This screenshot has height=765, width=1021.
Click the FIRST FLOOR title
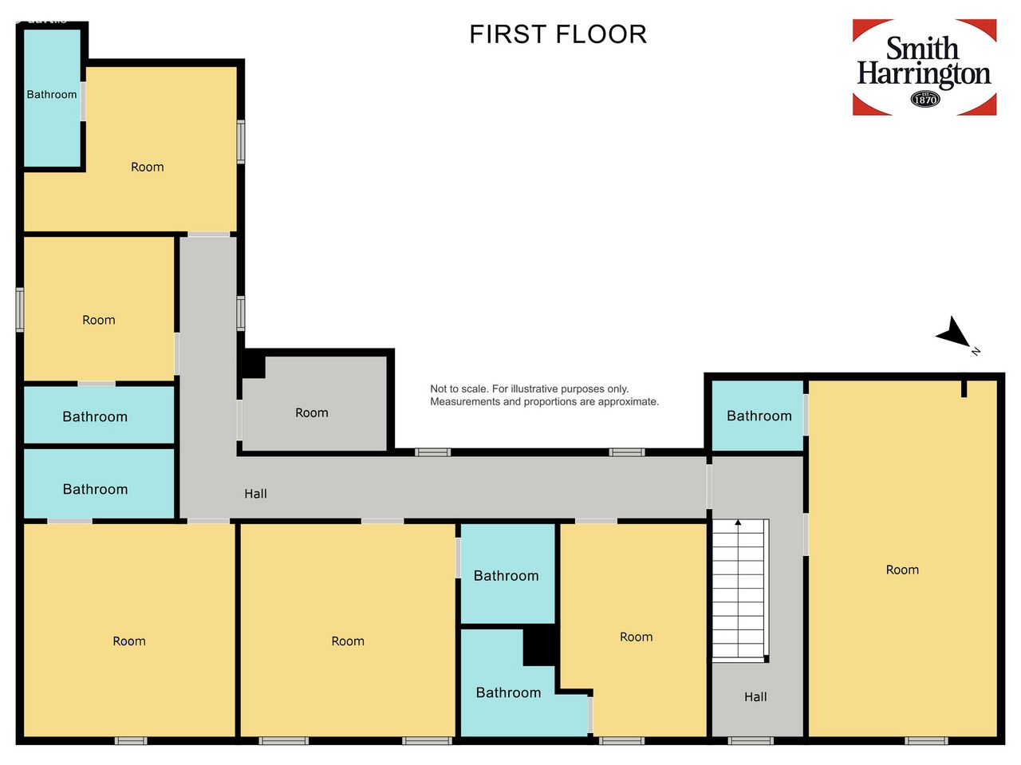point(558,34)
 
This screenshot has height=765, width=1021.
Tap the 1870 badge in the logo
point(924,99)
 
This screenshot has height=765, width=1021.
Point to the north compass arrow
point(953,332)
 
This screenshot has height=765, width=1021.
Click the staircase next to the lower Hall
point(740,590)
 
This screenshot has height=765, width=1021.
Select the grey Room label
point(312,412)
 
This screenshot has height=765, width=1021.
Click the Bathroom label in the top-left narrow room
point(52,94)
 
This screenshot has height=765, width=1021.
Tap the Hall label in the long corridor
point(255,494)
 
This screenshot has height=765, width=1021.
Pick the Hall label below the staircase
point(755,696)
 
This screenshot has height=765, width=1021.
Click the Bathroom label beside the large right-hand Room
point(759,416)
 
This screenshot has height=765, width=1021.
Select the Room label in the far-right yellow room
point(902,570)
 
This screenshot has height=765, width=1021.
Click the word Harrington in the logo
point(924,74)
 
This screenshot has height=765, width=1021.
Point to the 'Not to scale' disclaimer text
point(544,395)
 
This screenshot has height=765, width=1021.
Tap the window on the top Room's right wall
point(241,142)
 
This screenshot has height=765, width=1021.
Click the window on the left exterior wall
point(20,310)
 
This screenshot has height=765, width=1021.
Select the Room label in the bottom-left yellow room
point(129,641)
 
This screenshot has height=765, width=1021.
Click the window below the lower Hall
point(751,740)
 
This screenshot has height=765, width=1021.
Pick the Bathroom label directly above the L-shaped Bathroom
point(506,576)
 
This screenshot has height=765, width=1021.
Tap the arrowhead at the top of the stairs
point(738,522)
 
